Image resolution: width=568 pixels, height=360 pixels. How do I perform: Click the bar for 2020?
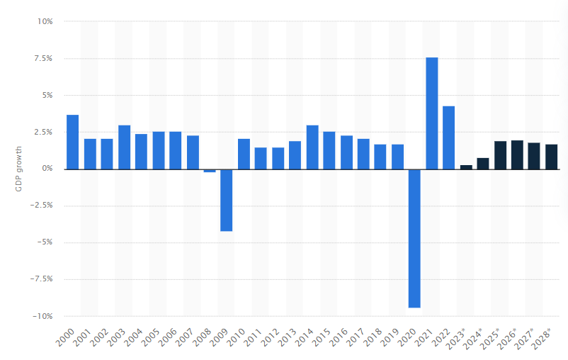coord(414,238)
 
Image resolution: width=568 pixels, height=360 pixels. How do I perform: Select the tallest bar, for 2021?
coord(431,113)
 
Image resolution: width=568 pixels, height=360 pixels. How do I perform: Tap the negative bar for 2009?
coord(226,200)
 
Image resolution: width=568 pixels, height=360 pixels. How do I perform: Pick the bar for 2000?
coord(72,142)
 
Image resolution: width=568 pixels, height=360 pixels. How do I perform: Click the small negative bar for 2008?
coord(209,171)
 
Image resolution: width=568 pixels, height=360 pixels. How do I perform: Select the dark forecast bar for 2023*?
coord(466,167)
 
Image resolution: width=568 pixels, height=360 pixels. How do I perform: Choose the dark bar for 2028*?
coord(552,157)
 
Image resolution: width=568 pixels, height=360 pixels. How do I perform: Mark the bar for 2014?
coord(312,147)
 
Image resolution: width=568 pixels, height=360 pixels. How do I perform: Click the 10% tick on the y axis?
coord(45,21)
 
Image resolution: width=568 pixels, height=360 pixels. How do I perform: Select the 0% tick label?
coord(47,169)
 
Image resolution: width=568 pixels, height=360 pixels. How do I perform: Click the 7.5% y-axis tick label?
coord(43,58)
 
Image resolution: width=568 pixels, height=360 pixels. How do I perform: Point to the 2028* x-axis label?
coord(545,337)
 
